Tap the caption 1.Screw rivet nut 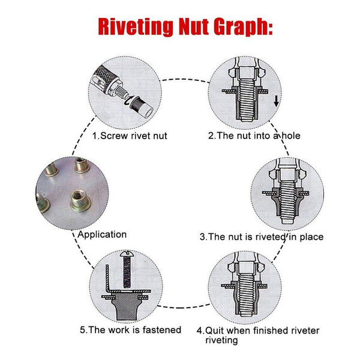coord(130,136)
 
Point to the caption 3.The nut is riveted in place coord(262,237)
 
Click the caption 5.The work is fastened coord(130,329)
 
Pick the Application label coord(102,235)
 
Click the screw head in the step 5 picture coord(127,256)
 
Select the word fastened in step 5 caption coord(161,329)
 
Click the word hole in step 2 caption coord(290,136)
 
